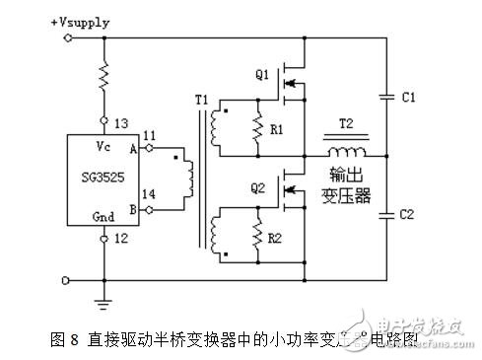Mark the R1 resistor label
pyautogui.click(x=279, y=129)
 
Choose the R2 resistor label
pyautogui.click(x=280, y=238)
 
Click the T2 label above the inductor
pyautogui.click(x=349, y=136)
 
